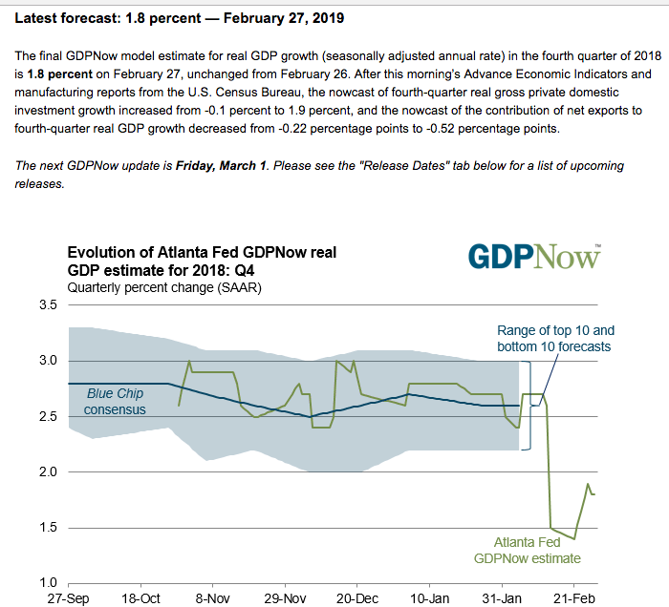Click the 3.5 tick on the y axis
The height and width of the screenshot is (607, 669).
tap(47, 305)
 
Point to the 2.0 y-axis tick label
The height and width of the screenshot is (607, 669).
tap(47, 472)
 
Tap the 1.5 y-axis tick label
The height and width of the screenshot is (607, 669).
tap(47, 528)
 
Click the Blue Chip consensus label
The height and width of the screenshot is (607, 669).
tap(114, 402)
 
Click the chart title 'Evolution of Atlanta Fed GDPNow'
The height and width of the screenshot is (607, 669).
tap(202, 262)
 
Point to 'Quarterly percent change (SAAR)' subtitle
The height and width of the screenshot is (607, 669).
tap(163, 286)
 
